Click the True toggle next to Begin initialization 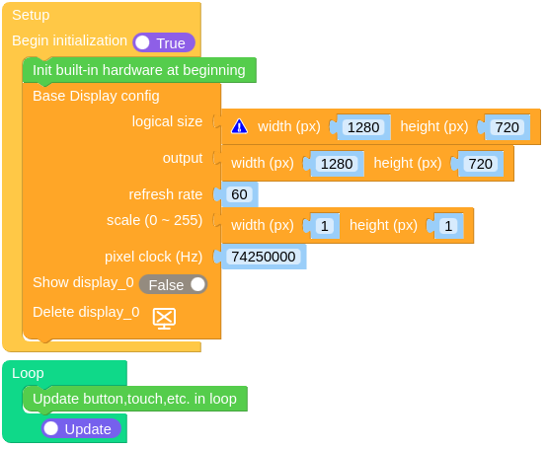pos(164,42)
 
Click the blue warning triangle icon pos(239,126)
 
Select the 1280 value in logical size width pos(363,127)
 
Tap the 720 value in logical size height pos(507,127)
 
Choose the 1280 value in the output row pos(337,164)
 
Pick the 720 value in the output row pos(481,164)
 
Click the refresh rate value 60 pos(239,194)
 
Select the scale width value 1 pos(325,226)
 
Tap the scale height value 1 pos(448,226)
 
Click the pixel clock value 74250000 pos(264,257)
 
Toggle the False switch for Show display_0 pos(173,284)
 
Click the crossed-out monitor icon pos(164,319)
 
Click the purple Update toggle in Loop pos(81,429)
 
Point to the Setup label pos(31,15)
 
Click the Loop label pos(28,373)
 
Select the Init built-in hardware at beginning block pos(139,70)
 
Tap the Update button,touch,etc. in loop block pos(135,399)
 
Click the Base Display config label pos(96,96)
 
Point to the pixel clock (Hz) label pos(153,257)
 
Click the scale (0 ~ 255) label pos(155,220)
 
